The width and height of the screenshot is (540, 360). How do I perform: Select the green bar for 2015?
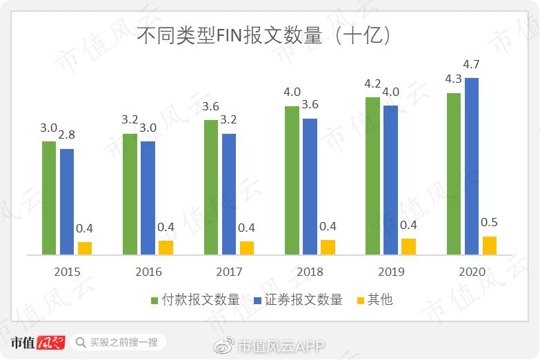[49, 198]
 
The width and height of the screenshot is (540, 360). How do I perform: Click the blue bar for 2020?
[471, 166]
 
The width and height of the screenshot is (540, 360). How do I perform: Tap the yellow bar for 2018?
[328, 248]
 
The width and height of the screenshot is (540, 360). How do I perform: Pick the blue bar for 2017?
[229, 194]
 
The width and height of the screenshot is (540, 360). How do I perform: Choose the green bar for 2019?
[372, 176]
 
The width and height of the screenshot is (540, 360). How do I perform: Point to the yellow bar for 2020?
[489, 246]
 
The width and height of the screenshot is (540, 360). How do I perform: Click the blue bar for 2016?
[148, 198]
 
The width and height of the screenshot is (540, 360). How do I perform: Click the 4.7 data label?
[471, 65]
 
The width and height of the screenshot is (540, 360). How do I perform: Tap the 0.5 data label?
[489, 223]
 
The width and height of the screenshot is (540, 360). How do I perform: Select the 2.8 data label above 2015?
[67, 134]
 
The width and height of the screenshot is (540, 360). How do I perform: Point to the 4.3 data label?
[453, 79]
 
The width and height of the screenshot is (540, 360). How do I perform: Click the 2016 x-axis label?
[148, 272]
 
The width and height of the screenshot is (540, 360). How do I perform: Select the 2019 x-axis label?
[390, 272]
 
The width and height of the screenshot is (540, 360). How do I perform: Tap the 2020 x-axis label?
[471, 272]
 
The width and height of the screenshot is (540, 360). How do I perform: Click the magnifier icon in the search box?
[81, 342]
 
